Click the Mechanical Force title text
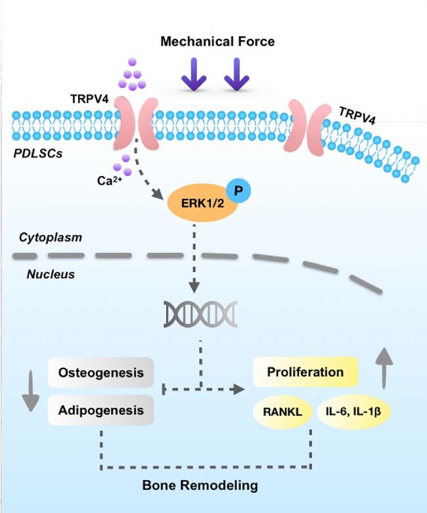tap(217, 42)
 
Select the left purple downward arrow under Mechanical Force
tap(195, 74)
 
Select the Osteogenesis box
tap(101, 372)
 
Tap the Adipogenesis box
tap(101, 410)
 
